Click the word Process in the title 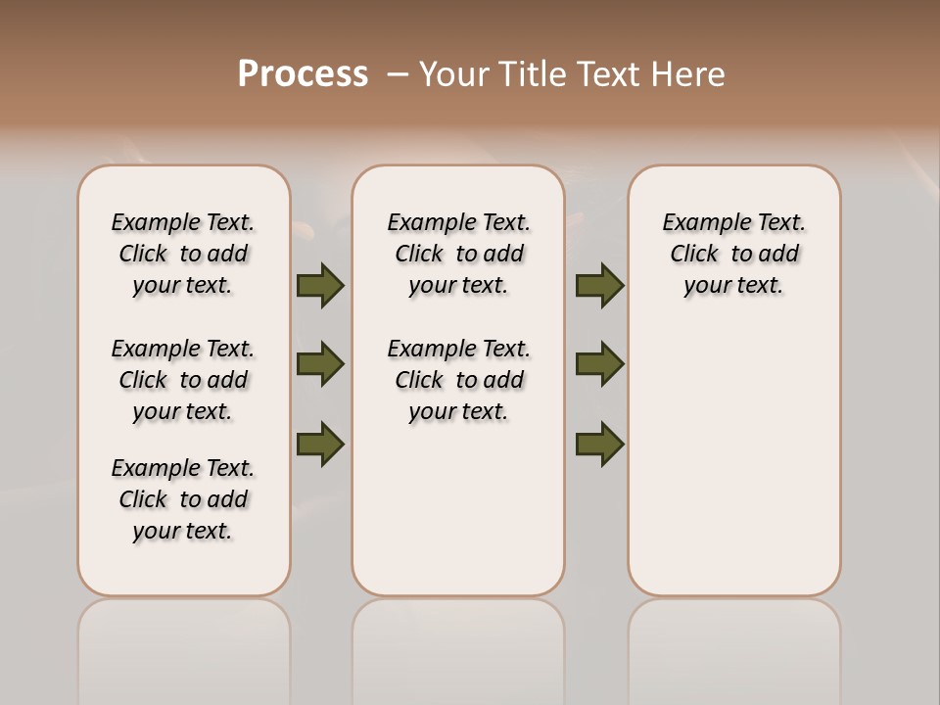click(x=303, y=74)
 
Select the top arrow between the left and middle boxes click(x=320, y=286)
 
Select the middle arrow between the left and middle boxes click(x=320, y=364)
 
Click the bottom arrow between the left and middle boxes click(x=320, y=444)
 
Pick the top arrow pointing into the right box click(x=599, y=286)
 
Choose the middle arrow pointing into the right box click(x=599, y=364)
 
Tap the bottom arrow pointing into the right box click(x=599, y=444)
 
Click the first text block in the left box click(x=183, y=254)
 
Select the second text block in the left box click(x=183, y=380)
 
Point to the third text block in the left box click(x=183, y=499)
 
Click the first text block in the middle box click(x=458, y=254)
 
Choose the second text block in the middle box click(x=458, y=380)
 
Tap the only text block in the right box click(x=733, y=254)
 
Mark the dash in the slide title click(x=398, y=74)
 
